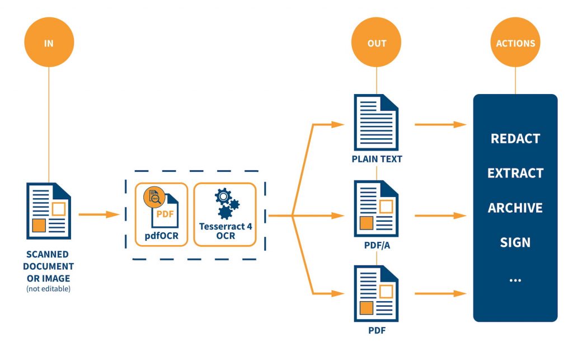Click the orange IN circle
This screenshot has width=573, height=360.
click(x=49, y=43)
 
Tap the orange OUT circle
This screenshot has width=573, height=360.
click(x=377, y=43)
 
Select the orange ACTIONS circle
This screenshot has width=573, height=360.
click(x=515, y=43)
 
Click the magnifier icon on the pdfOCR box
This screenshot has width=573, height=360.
click(x=153, y=197)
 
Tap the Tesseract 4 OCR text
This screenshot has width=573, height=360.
click(x=225, y=231)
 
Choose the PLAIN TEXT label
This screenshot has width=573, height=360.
click(x=377, y=159)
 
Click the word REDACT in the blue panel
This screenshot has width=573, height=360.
click(x=515, y=138)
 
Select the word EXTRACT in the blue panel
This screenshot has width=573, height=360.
click(x=515, y=173)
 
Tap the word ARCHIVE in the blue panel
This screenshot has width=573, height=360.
click(x=515, y=208)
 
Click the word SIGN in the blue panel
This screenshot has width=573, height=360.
click(x=515, y=242)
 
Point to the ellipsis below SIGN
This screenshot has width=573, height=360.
click(x=515, y=278)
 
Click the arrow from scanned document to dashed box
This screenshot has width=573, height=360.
click(x=99, y=214)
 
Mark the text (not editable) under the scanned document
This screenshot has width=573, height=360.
click(x=49, y=289)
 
